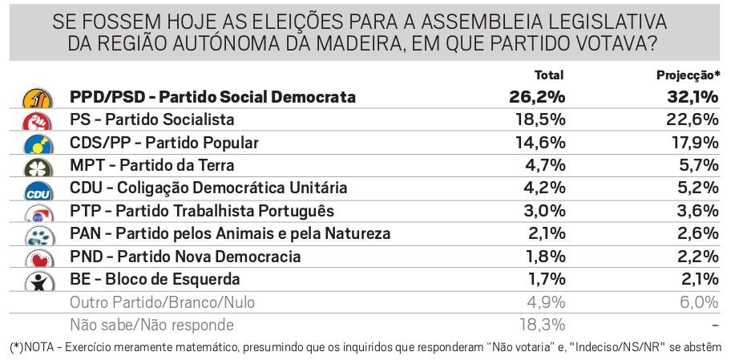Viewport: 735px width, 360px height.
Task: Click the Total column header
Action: coord(549,75)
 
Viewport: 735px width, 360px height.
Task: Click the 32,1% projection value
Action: coord(693,97)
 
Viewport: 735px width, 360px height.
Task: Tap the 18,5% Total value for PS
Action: coord(540,120)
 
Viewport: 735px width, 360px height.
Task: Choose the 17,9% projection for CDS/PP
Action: coord(696,143)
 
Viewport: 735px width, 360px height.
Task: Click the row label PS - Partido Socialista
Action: coord(152,120)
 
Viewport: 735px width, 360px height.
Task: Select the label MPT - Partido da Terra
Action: coord(152,166)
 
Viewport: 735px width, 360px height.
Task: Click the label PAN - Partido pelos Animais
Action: coord(230,234)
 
